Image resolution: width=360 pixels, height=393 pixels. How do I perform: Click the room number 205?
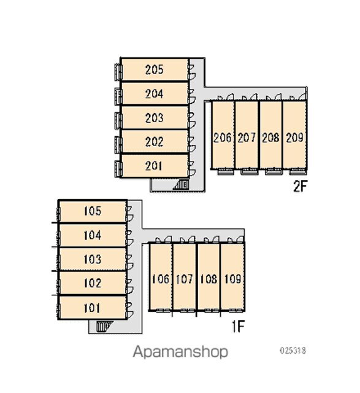[154, 69]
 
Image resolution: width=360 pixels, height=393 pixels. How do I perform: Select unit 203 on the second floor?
[155, 117]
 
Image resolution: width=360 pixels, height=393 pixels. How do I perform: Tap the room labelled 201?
[155, 166]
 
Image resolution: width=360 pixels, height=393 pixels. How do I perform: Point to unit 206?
[223, 135]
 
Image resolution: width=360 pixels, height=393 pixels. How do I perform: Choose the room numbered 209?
[294, 135]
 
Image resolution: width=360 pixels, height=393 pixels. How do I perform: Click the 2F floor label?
[300, 186]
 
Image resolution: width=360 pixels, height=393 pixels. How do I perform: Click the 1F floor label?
[237, 326]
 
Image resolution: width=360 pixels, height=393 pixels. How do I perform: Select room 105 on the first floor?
[93, 211]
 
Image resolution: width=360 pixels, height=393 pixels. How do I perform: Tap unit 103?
[93, 259]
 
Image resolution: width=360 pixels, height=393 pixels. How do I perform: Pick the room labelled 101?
[93, 308]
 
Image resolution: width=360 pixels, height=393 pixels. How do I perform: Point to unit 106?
[161, 277]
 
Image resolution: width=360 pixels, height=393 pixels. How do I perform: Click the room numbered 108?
[209, 277]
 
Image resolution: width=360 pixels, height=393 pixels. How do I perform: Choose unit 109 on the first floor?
[232, 277]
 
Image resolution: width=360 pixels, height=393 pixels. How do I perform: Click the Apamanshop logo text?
[180, 352]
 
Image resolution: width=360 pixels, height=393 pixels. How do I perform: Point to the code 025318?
[293, 350]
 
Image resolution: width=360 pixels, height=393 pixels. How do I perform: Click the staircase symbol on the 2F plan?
[182, 185]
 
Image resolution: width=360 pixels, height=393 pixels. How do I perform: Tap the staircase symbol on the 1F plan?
[104, 326]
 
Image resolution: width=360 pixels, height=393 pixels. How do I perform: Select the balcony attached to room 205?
[118, 72]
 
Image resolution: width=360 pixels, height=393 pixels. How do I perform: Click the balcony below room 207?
[250, 172]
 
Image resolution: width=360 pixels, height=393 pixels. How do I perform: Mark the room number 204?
[154, 93]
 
